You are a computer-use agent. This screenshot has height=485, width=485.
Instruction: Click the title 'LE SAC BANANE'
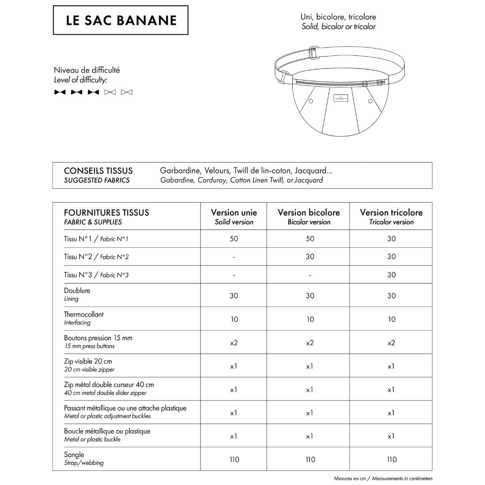click(x=121, y=20)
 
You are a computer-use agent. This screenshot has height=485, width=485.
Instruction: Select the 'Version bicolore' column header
click(x=309, y=213)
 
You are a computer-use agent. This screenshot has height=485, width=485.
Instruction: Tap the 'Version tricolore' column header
click(x=391, y=213)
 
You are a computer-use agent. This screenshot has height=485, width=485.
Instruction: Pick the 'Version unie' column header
click(x=234, y=213)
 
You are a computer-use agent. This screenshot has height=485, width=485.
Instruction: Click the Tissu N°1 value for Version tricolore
click(x=391, y=239)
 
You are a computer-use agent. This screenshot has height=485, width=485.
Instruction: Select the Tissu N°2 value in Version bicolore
click(x=310, y=257)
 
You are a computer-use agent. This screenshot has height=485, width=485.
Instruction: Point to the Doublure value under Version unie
click(x=234, y=296)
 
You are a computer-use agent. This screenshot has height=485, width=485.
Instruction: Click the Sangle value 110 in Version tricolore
click(x=391, y=460)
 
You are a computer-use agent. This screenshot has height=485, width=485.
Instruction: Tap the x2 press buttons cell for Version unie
click(x=234, y=343)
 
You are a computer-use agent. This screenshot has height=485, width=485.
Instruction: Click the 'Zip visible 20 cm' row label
click(x=88, y=361)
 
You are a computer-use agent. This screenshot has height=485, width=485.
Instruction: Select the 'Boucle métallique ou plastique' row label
click(x=107, y=431)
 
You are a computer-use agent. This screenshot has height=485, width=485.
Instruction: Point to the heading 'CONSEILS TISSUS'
click(x=98, y=171)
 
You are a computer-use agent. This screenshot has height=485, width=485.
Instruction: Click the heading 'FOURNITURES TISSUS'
click(x=106, y=213)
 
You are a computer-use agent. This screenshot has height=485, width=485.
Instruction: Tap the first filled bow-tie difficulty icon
click(x=60, y=92)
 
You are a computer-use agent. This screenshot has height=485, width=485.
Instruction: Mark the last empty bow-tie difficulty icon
click(x=127, y=92)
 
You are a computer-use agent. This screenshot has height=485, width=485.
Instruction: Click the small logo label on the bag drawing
click(x=339, y=98)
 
